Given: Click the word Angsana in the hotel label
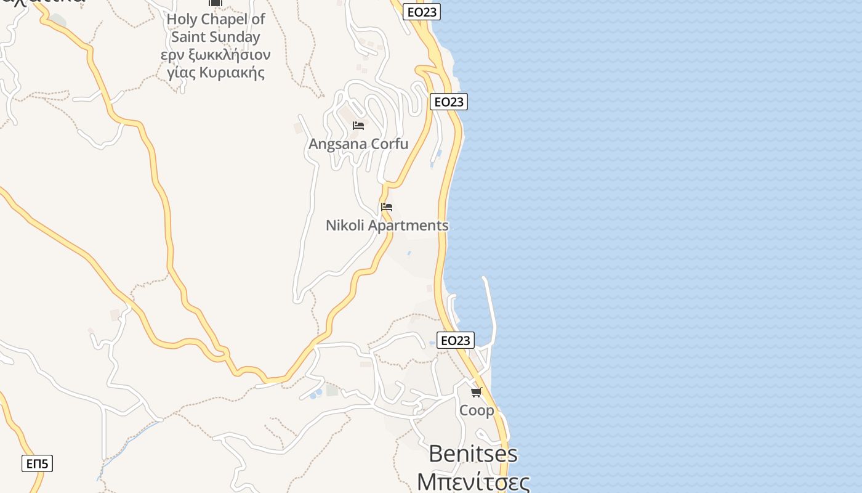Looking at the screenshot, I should (338, 145).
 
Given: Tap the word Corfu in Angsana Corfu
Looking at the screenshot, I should (390, 144).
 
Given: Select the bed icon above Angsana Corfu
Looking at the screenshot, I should (358, 126).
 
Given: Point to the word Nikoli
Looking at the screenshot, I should (345, 226).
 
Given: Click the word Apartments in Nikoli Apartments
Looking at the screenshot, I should (408, 226).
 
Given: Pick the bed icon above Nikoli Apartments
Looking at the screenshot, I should (387, 207).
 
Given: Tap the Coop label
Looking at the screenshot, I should (477, 410).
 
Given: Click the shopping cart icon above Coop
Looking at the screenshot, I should (477, 392).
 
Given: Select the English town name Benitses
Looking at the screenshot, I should (473, 454).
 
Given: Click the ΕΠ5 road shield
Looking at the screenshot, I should (37, 463).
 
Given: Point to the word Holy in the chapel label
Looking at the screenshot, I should (182, 19).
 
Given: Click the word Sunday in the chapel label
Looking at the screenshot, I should (237, 37).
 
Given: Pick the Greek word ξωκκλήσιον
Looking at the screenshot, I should (231, 55).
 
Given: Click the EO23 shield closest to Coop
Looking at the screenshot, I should (456, 340).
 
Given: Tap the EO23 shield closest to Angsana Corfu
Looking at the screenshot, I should (448, 102).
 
